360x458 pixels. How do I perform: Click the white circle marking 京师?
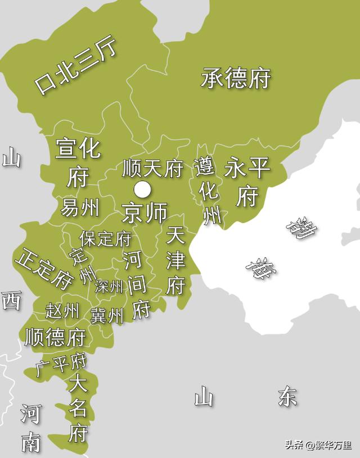tap(143, 189)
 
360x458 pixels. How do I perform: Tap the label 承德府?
tap(236, 78)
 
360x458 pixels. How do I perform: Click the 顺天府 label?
tap(152, 167)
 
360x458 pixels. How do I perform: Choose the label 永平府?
tap(247, 181)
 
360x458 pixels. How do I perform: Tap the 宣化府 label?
tap(78, 162)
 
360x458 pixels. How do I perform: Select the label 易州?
tap(80, 207)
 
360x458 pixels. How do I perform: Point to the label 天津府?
tap(175, 261)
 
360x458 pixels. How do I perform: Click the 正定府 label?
tap(44, 267)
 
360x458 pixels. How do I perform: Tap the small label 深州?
tap(109, 286)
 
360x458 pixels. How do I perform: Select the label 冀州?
tap(106, 315)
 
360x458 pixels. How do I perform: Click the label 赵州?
tap(62, 310)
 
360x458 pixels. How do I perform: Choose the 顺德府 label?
tap(55, 337)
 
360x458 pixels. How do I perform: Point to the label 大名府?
tap(78, 409)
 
